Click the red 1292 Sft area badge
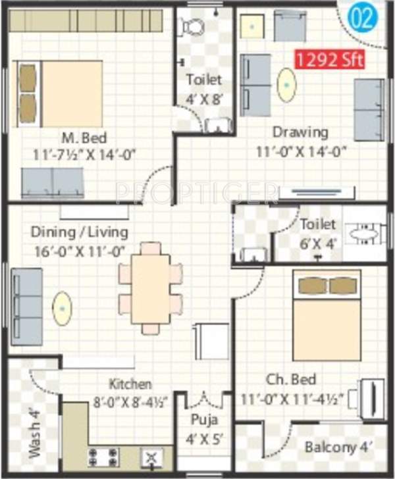coord(330,60)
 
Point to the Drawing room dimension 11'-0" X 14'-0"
coord(302,151)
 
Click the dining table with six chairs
coord(150,288)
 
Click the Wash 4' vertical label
coord(35,434)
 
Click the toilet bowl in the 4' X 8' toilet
coord(193,26)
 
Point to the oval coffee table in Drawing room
coord(286,85)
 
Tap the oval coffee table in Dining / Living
coord(63,309)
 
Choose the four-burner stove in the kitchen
coord(103,455)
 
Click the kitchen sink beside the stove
coord(151,456)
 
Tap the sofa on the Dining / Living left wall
coord(27,306)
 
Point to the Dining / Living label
coord(79,232)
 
